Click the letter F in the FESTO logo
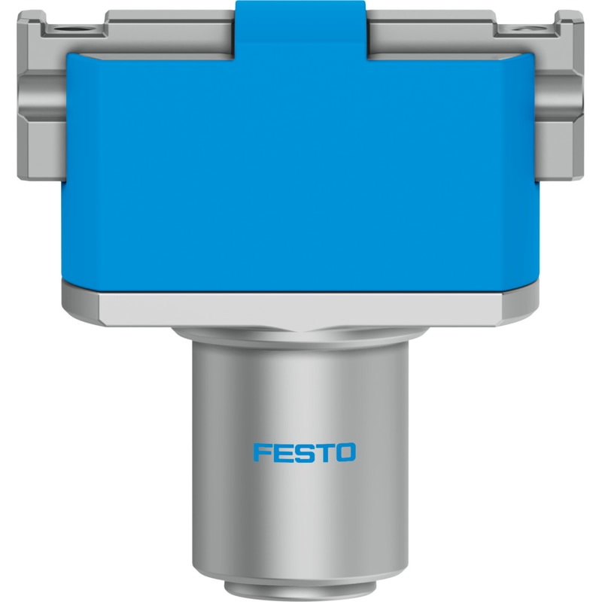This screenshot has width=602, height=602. point(262,453)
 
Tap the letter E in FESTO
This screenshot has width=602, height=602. point(281,453)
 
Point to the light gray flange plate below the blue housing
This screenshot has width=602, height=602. point(300,309)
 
